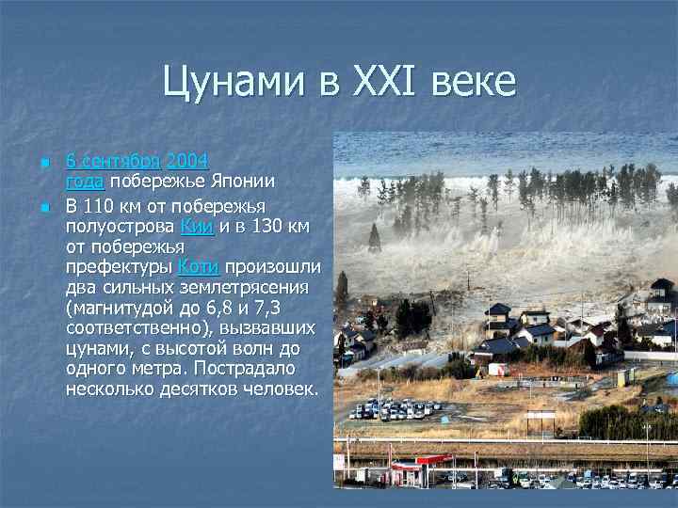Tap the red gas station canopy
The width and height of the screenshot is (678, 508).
pos(418,460)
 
